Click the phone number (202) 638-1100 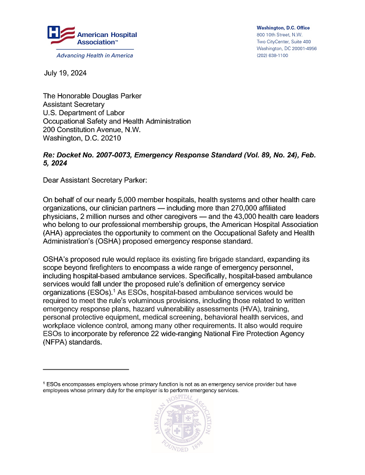[x=272, y=55]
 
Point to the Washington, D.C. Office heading [x=283, y=27]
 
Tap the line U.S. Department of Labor [x=84, y=113]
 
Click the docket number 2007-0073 [x=123, y=155]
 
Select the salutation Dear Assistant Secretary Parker [x=95, y=180]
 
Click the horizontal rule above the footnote [x=85, y=369]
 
